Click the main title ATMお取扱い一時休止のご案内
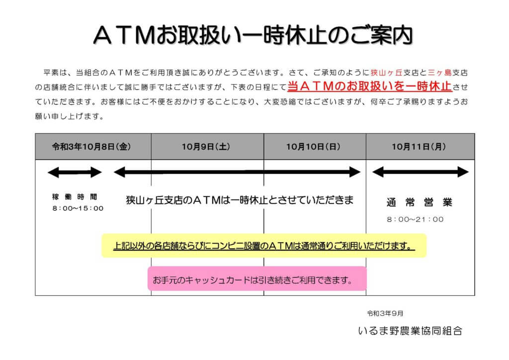point(253,35)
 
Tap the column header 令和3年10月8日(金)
point(91,147)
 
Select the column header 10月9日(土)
point(206,147)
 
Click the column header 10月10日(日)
point(313,147)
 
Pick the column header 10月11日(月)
point(419,147)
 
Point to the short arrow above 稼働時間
point(75,173)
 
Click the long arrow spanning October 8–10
point(237,172)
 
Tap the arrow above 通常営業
point(421,172)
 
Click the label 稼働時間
point(75,197)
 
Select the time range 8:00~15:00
point(78,208)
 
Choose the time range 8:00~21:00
point(415,219)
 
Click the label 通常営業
point(420,202)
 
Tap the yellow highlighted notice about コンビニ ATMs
point(264,246)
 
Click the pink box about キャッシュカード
point(257,279)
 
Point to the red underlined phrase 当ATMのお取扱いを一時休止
point(370,87)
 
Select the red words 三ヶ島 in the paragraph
point(440,73)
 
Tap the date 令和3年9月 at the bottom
point(385,314)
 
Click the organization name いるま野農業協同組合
point(410,331)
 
